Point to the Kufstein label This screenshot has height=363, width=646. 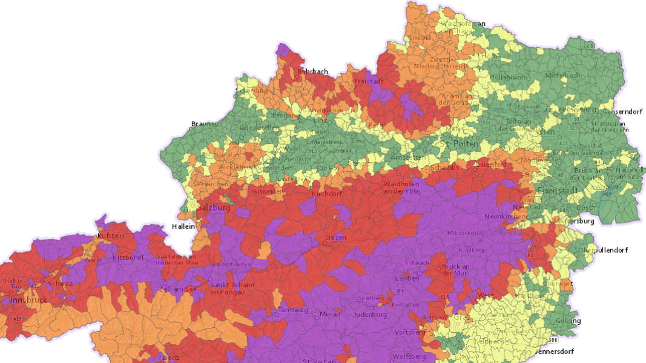pos(111,235)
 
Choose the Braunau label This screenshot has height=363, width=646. pos(204,123)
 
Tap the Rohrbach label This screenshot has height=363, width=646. pos(312,71)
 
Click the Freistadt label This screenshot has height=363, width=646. pos(369,81)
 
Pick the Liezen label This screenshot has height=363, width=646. pos(335,238)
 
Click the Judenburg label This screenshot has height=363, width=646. pos(369,315)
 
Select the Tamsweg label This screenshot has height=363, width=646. pos(293,310)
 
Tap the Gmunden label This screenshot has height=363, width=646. pos(268,191)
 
